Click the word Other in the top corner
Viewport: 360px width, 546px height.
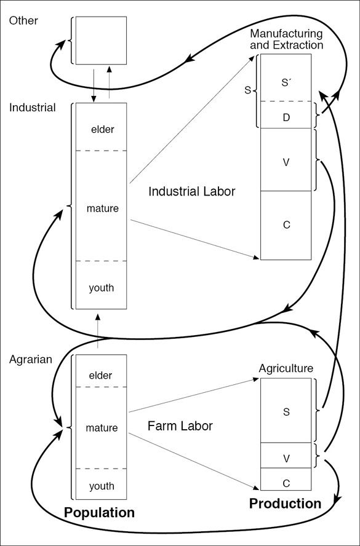[23, 20]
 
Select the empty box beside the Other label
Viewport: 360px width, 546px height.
[101, 40]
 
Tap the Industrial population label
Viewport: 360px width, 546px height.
[33, 108]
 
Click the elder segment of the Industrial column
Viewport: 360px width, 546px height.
[101, 127]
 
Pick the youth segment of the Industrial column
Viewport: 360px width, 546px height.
[101, 285]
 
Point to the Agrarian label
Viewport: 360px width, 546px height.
[31, 359]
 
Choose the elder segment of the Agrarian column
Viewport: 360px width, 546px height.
[101, 371]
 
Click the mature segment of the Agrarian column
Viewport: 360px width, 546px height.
[101, 428]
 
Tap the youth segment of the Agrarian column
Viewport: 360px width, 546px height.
[101, 485]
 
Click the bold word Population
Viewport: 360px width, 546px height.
[99, 513]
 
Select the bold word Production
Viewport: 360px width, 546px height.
[285, 504]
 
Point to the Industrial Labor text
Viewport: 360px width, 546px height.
[192, 191]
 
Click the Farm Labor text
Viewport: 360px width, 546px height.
[180, 426]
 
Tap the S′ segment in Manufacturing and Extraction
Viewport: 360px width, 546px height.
[286, 77]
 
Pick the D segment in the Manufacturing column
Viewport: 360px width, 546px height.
[286, 115]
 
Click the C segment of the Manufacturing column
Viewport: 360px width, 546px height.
[286, 225]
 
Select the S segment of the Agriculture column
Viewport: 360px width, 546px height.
[286, 410]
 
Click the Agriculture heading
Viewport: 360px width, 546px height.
[286, 368]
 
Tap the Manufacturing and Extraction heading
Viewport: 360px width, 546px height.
[287, 39]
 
